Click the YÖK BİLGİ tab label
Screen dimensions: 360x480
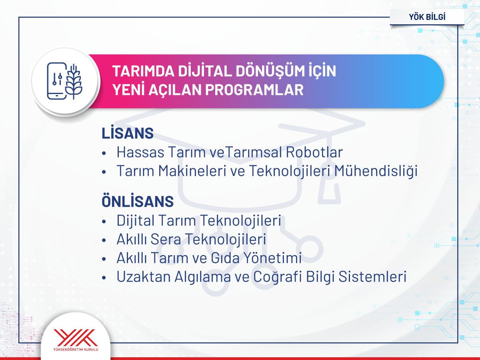pyautogui.click(x=427, y=17)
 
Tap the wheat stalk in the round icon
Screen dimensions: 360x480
pyautogui.click(x=74, y=81)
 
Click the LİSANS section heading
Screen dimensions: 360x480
pyautogui.click(x=128, y=134)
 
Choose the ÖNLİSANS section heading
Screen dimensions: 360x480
pyautogui.click(x=138, y=202)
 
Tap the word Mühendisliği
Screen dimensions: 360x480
pyautogui.click(x=376, y=171)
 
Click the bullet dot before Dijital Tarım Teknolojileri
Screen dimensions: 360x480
pyautogui.click(x=104, y=221)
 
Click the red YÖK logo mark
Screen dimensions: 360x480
pyautogui.click(x=76, y=338)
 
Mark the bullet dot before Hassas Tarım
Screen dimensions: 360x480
pyautogui.click(x=104, y=153)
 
